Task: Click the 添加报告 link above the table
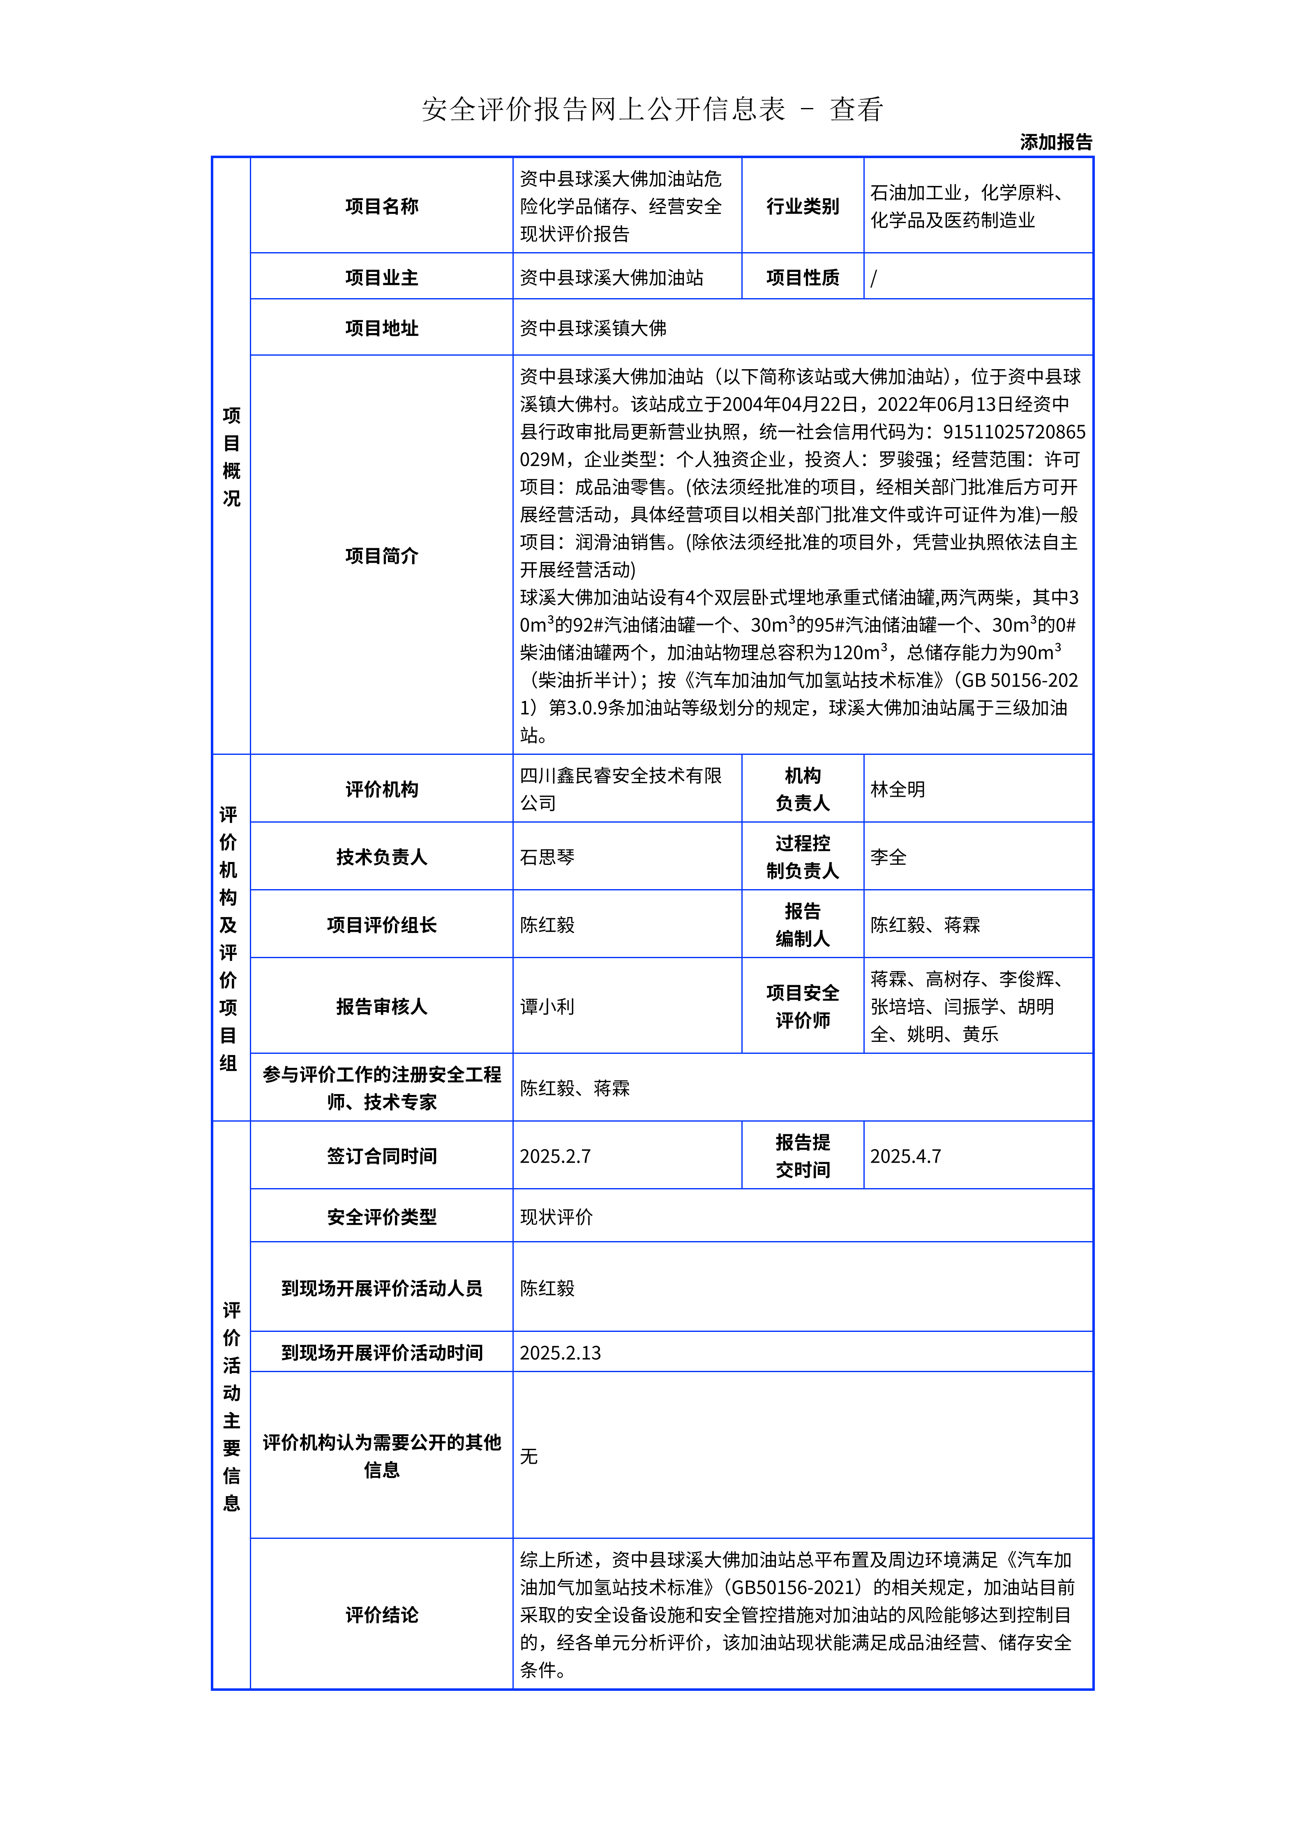[x=1056, y=142]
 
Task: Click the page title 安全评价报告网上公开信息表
[x=602, y=109]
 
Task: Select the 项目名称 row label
[x=382, y=207]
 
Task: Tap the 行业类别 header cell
[x=802, y=207]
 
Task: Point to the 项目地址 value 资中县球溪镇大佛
[x=593, y=328]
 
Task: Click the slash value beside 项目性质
[x=874, y=278]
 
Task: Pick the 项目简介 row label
[x=382, y=556]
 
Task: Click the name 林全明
[x=898, y=789]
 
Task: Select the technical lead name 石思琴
[x=547, y=857]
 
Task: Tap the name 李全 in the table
[x=888, y=857]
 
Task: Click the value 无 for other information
[x=529, y=1456]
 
